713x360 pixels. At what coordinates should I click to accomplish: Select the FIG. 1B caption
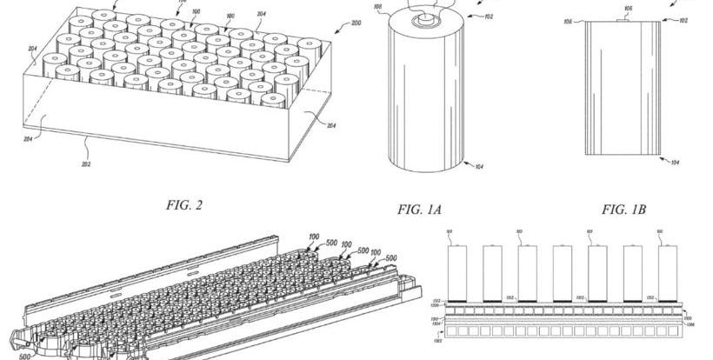(629, 209)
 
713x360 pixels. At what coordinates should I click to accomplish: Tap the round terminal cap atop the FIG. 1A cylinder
(426, 16)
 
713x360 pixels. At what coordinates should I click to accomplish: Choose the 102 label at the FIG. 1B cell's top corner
(683, 19)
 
